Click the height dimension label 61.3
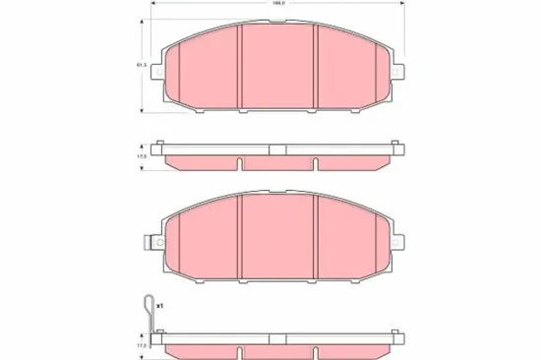[x=142, y=66]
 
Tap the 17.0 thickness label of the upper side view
[x=142, y=155]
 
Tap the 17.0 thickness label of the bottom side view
[x=142, y=345]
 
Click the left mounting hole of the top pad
[x=162, y=72]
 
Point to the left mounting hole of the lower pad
[x=162, y=241]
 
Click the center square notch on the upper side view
[x=277, y=150]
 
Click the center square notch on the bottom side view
[x=277, y=337]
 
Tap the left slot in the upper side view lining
[x=241, y=160]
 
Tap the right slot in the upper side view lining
[x=315, y=160]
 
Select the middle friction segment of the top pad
[x=277, y=69]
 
